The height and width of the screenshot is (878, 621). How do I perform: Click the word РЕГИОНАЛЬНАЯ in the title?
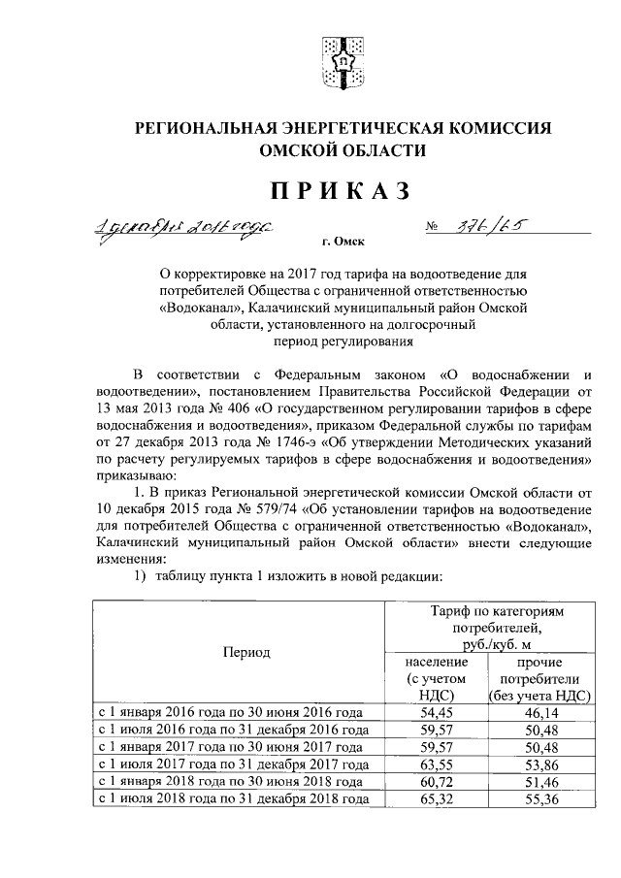[234, 129]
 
